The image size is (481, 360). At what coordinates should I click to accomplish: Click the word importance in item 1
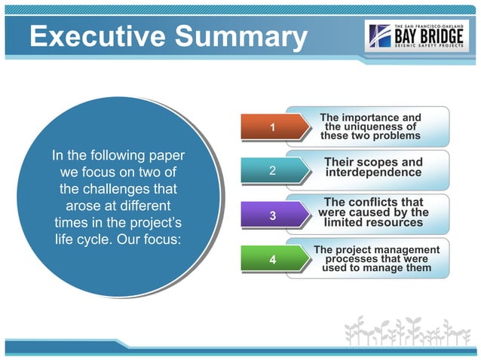371,117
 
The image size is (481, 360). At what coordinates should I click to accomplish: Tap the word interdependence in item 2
373,173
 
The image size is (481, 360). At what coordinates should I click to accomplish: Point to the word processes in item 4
352,258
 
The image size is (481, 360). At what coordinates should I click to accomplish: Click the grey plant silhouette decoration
408,332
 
